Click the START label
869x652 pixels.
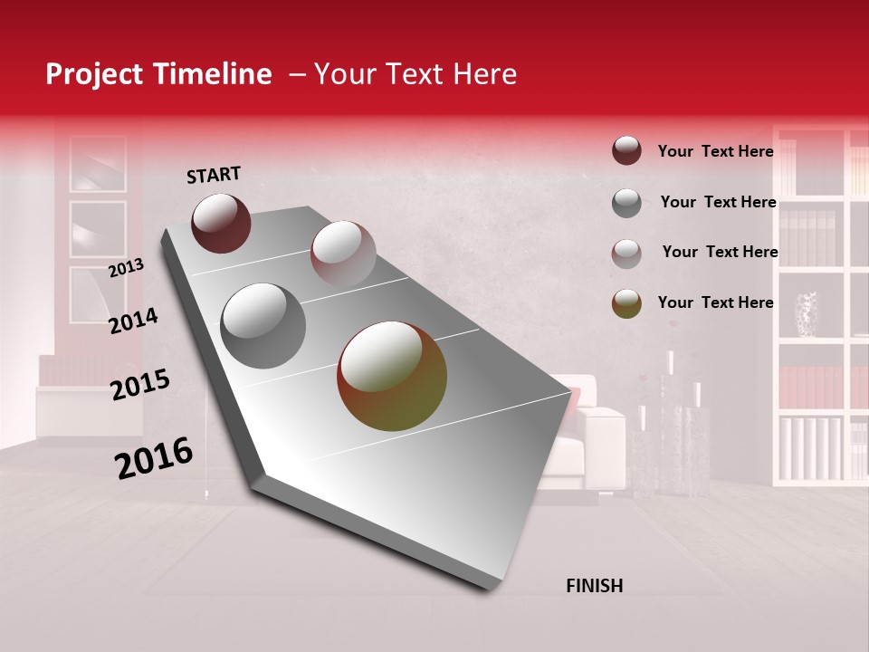point(214,175)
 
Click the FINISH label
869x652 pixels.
point(594,586)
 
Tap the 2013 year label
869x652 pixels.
point(126,268)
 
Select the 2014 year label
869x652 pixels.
point(133,321)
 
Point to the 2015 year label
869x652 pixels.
point(140,385)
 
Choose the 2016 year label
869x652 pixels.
point(154,457)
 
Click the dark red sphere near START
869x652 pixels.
point(221,223)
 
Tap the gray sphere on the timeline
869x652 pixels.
point(263,326)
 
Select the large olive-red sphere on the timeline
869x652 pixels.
point(392,376)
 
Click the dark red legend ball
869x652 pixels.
point(626,150)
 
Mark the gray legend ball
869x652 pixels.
point(626,203)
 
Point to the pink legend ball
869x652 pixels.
point(626,254)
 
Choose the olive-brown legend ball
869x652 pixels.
point(626,303)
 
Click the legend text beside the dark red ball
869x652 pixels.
point(715,151)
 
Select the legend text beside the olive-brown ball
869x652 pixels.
point(715,302)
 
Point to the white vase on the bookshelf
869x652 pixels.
point(806,314)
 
